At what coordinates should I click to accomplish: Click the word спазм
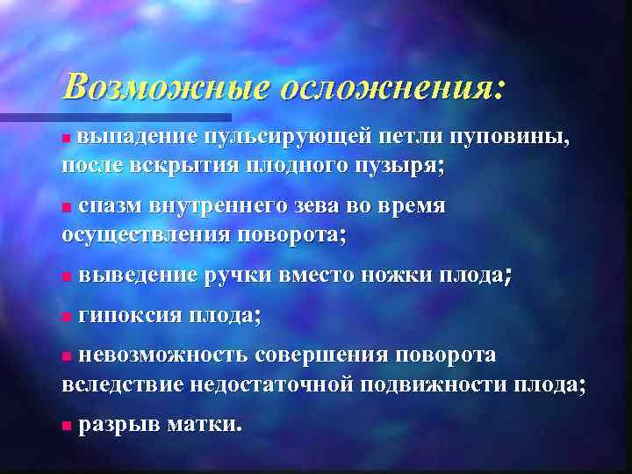pos(111,206)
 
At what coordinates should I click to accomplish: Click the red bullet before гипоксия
pos(67,316)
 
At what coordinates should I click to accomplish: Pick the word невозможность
pos(163,355)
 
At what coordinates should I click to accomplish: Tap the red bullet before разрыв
pos(67,426)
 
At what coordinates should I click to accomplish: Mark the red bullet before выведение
pos(67,276)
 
